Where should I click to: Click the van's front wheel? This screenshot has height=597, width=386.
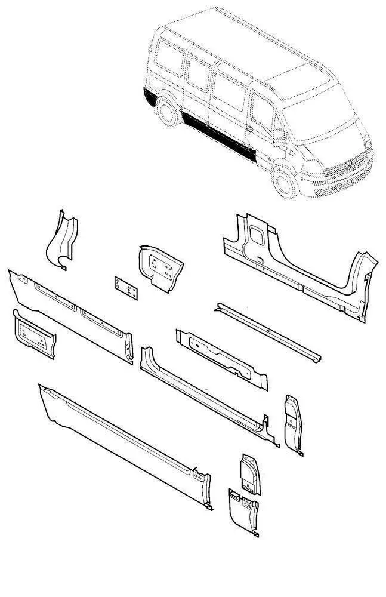click(x=285, y=182)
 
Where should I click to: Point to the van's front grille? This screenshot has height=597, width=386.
click(x=342, y=167)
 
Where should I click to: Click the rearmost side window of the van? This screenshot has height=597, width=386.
click(x=170, y=60)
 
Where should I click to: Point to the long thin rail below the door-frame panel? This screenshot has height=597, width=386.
click(x=268, y=331)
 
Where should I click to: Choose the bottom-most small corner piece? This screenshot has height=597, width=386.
click(x=243, y=510)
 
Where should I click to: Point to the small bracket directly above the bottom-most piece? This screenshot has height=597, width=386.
click(x=250, y=475)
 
